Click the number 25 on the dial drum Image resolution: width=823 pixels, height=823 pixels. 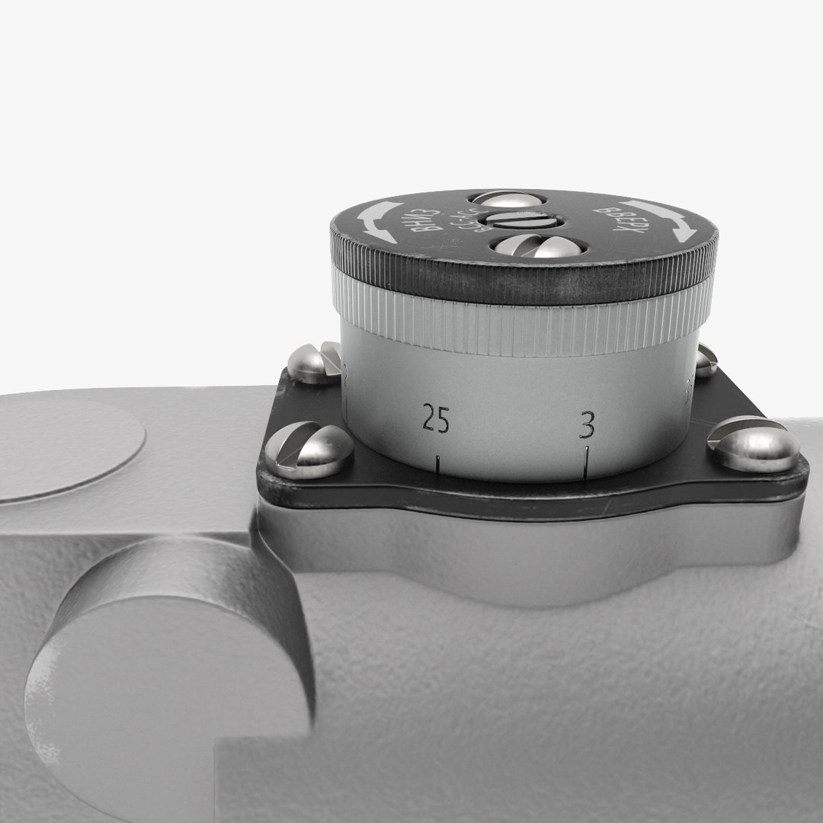(x=436, y=421)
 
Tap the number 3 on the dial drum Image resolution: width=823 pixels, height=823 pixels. (x=586, y=425)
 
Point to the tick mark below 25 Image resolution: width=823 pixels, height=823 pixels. (x=438, y=463)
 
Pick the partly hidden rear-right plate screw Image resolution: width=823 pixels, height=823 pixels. (x=706, y=360)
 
